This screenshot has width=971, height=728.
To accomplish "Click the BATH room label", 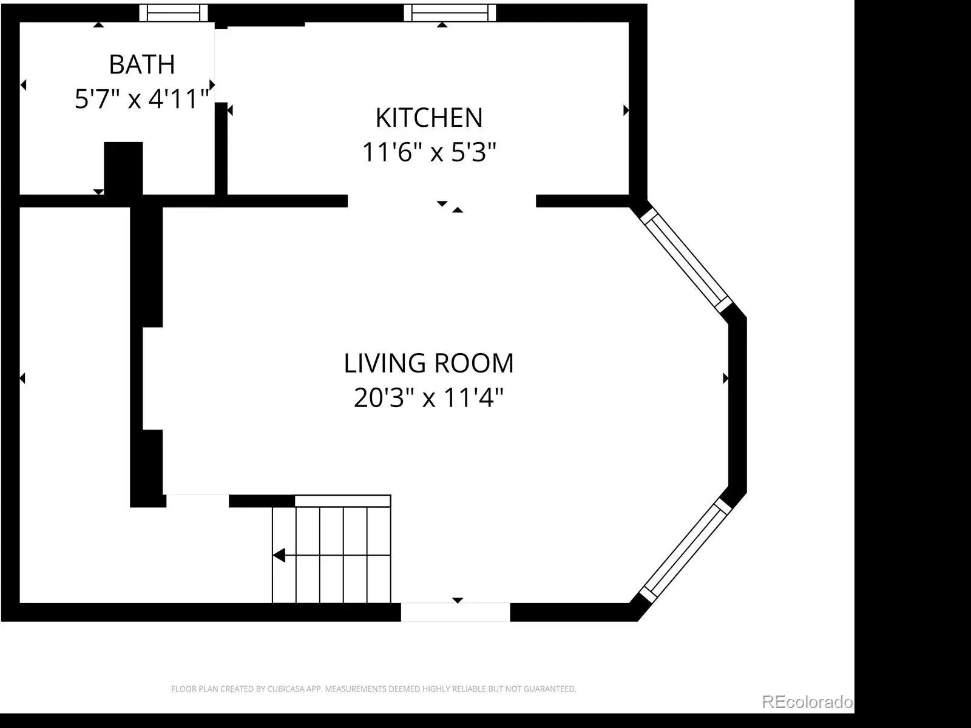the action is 142,64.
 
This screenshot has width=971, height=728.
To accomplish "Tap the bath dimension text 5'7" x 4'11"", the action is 142,98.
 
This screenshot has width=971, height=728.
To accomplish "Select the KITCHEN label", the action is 429,118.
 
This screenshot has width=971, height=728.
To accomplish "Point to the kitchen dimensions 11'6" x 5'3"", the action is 429,152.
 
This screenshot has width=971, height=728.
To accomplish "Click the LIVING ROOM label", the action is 428,363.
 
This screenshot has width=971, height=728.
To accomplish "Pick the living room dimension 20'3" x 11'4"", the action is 428,397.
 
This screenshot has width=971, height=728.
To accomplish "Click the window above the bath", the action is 174,13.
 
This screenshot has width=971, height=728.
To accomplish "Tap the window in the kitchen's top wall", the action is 450,13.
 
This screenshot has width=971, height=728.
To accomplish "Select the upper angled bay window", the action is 686,260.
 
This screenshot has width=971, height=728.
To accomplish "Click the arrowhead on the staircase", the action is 279,555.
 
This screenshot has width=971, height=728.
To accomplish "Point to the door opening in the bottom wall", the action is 455,612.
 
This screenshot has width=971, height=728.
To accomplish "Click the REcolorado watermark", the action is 807,702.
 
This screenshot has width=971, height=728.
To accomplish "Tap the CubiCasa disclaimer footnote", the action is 374,689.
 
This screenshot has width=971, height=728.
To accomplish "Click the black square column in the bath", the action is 123,169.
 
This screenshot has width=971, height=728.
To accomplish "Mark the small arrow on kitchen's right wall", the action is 626,110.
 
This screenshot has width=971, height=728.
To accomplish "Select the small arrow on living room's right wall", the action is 725,379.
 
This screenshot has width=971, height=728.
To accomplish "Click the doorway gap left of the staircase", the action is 197,501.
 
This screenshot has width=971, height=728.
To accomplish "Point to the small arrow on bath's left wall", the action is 24,84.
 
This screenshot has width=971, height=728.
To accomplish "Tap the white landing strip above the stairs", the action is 343,501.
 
